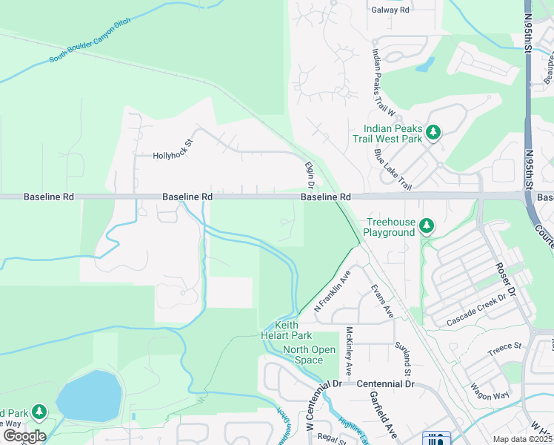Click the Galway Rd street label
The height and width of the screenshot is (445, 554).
pyautogui.click(x=390, y=10)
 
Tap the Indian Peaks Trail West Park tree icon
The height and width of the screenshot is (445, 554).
pyautogui.click(x=433, y=133)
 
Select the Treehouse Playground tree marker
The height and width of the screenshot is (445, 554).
pyautogui.click(x=426, y=225)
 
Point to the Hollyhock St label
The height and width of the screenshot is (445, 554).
pyautogui.click(x=173, y=155)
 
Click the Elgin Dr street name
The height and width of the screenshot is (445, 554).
pyautogui.click(x=310, y=175)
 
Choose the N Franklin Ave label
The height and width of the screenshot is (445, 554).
pyautogui.click(x=332, y=291)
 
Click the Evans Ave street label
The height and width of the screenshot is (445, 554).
pyautogui.click(x=382, y=301)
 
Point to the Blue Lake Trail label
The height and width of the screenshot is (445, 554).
pyautogui.click(x=392, y=168)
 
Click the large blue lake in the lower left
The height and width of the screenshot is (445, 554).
pyautogui.click(x=88, y=395)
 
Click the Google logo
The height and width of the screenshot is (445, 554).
pyautogui.click(x=24, y=436)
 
